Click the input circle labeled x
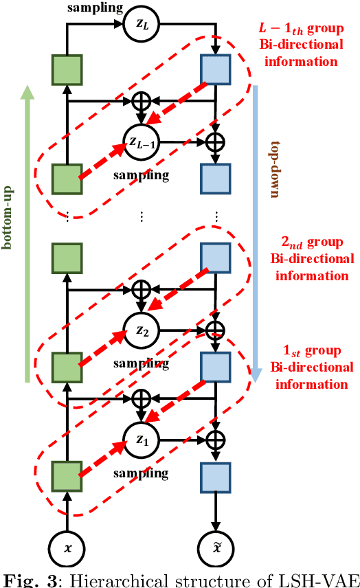tap(67, 549)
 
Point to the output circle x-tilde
tap(216, 549)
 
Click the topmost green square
tap(67, 69)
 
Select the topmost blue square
tap(216, 69)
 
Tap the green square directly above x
tap(67, 475)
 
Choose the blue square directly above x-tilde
tap(216, 475)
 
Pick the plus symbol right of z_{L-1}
tap(216, 142)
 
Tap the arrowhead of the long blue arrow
tap(256, 374)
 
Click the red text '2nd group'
tap(313, 243)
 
